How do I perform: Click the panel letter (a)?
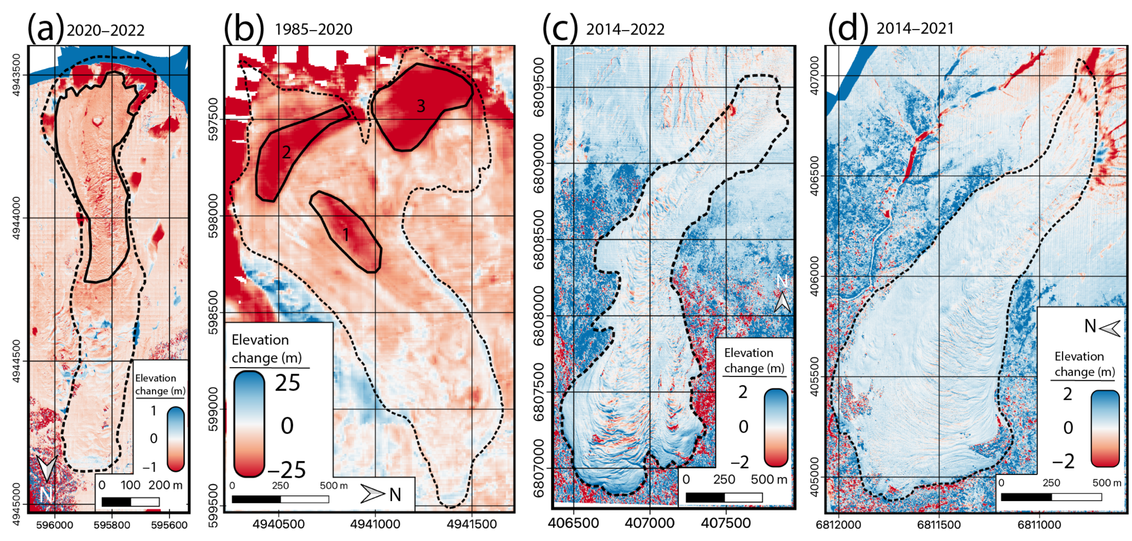45,28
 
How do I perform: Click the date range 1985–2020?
313,29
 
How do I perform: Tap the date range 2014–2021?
915,29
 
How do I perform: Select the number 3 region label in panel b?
421,106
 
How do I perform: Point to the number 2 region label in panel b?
286,152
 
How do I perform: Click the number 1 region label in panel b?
346,235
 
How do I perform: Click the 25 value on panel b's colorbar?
288,383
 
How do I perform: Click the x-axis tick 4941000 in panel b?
375,524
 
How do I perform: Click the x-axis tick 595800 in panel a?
112,525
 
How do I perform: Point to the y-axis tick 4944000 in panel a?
16,218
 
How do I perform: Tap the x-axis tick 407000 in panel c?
649,523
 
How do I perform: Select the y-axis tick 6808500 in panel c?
539,239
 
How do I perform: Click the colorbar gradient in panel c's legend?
776,427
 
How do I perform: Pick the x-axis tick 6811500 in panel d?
939,525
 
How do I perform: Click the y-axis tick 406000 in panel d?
814,276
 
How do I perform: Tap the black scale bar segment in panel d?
1026,497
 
